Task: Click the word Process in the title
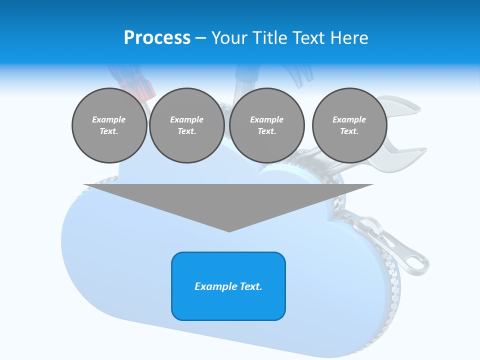tap(157, 38)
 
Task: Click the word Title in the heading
tap(268, 38)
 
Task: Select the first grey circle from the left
tap(109, 125)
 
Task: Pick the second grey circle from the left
tap(186, 125)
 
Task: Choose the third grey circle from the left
tap(266, 125)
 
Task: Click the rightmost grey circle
tap(349, 125)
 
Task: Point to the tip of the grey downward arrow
tap(229, 231)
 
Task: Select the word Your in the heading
tap(229, 38)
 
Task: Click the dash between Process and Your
tap(200, 38)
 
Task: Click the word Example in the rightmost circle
tap(349, 119)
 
